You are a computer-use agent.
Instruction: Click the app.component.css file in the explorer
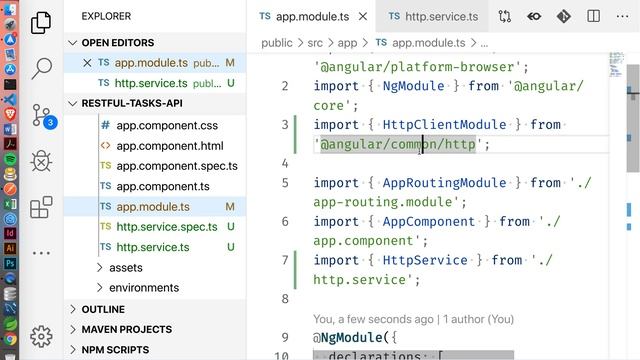(x=166, y=125)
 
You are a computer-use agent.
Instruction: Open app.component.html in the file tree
(x=169, y=146)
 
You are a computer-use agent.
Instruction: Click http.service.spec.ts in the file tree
(x=166, y=227)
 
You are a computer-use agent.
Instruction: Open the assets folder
(x=125, y=267)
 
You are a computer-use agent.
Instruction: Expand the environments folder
(x=143, y=288)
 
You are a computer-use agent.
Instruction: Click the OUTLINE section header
(x=103, y=309)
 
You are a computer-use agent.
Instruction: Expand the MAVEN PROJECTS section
(x=126, y=329)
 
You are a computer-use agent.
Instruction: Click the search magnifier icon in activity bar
(x=42, y=68)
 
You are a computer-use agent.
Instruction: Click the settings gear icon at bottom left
(x=42, y=336)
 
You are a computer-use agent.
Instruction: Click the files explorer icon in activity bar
(x=42, y=23)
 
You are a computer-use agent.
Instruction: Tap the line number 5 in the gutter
(x=285, y=183)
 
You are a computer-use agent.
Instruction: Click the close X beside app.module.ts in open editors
(x=88, y=63)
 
